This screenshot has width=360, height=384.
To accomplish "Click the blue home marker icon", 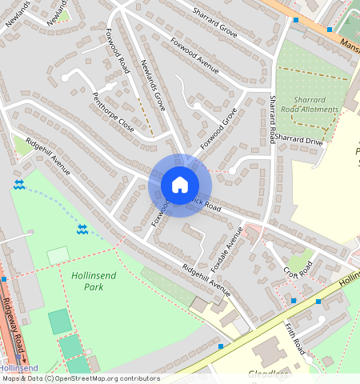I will pyautogui.click(x=180, y=185).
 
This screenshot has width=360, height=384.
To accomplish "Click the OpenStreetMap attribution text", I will pyautogui.click(x=80, y=378).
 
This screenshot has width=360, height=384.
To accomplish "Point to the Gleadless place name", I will pyautogui.click(x=267, y=374).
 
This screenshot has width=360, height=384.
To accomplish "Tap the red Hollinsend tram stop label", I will pyautogui.click(x=18, y=368).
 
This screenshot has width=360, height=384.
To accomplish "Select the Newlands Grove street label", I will pyautogui.click(x=152, y=85).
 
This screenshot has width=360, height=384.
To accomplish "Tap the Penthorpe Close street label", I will pyautogui.click(x=113, y=116).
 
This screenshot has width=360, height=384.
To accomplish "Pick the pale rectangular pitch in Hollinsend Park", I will pyautogui.click(x=58, y=256).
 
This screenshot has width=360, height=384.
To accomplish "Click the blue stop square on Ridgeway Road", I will pyautogui.click(x=4, y=279).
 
